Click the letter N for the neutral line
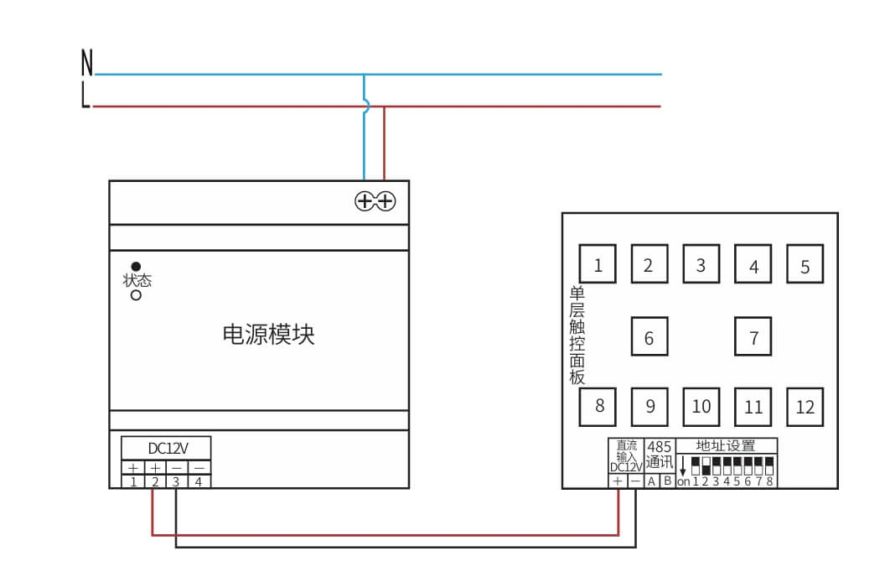point(86,63)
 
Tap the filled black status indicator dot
point(136,267)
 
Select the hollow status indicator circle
point(136,295)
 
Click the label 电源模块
point(268,335)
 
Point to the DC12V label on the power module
point(166,448)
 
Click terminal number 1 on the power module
point(133,482)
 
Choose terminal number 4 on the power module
point(199,482)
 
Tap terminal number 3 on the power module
point(177,482)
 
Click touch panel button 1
point(598,265)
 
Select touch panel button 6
point(649,337)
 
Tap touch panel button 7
point(753,337)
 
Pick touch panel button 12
point(805,407)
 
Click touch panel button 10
point(701,407)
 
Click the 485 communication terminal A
point(651,481)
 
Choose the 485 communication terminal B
point(667,481)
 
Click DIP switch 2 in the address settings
point(706,465)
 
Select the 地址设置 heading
point(727,445)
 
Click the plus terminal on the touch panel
point(618,481)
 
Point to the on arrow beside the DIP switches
point(683,465)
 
